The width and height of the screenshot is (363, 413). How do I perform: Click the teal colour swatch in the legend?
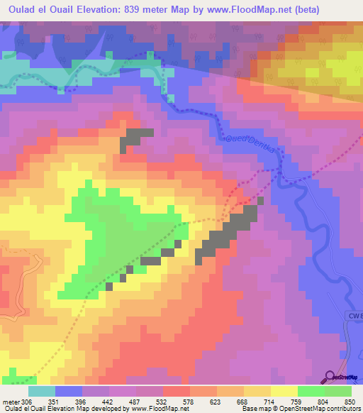coord(42,391)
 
